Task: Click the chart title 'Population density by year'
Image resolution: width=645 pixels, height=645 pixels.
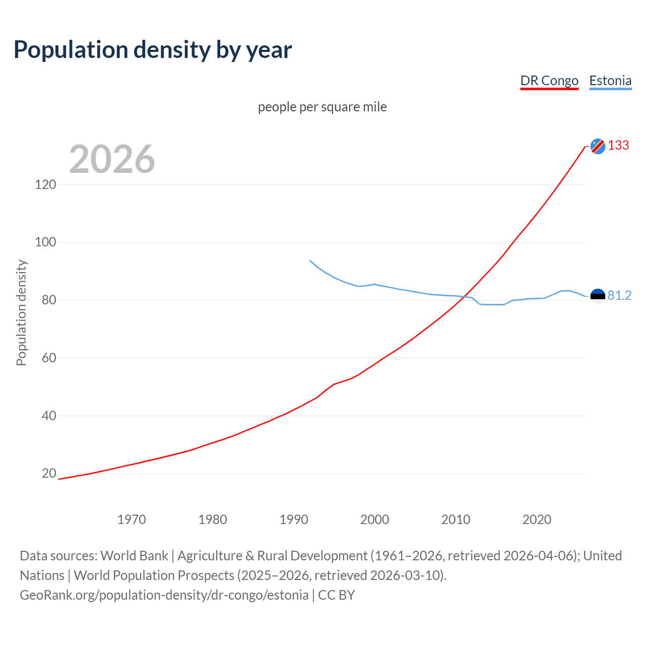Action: tap(153, 50)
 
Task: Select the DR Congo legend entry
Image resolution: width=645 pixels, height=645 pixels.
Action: tap(549, 81)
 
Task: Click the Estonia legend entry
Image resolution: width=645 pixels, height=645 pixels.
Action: tap(610, 81)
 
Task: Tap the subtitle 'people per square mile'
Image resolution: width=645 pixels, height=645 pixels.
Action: tap(322, 107)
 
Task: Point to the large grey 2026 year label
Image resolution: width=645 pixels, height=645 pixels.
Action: tap(112, 159)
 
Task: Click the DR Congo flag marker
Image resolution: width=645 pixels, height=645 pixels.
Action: tap(598, 146)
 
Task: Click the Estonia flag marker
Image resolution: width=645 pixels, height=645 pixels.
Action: tap(598, 296)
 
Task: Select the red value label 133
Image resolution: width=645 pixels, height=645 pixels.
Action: tap(618, 146)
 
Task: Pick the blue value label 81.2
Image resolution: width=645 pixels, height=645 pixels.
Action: tap(619, 296)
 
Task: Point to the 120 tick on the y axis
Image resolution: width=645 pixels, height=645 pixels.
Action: tap(45, 184)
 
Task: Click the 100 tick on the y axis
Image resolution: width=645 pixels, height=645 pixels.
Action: tap(45, 242)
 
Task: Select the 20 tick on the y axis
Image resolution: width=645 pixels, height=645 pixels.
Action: tap(49, 474)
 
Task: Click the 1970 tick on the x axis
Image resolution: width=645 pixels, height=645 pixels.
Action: tap(132, 520)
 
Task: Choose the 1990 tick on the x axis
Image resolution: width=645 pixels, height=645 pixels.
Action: tap(294, 520)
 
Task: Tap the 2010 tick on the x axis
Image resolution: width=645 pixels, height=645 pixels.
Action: tap(456, 520)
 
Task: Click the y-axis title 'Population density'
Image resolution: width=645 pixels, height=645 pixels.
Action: tap(21, 312)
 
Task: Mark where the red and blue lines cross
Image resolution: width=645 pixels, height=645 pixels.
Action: tap(464, 297)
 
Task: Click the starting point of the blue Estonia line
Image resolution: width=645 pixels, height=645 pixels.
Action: tap(309, 261)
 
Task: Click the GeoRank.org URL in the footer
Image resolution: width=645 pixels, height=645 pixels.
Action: tap(164, 595)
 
